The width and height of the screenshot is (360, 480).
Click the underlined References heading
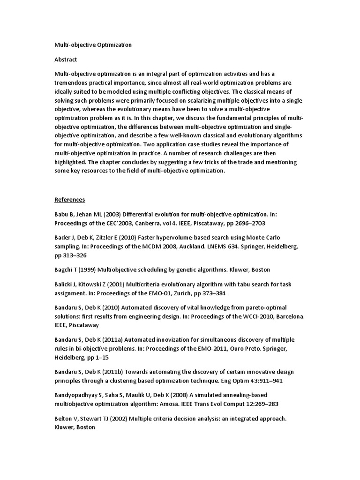[x=70, y=200]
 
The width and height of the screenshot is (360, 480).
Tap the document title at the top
[x=93, y=45]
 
